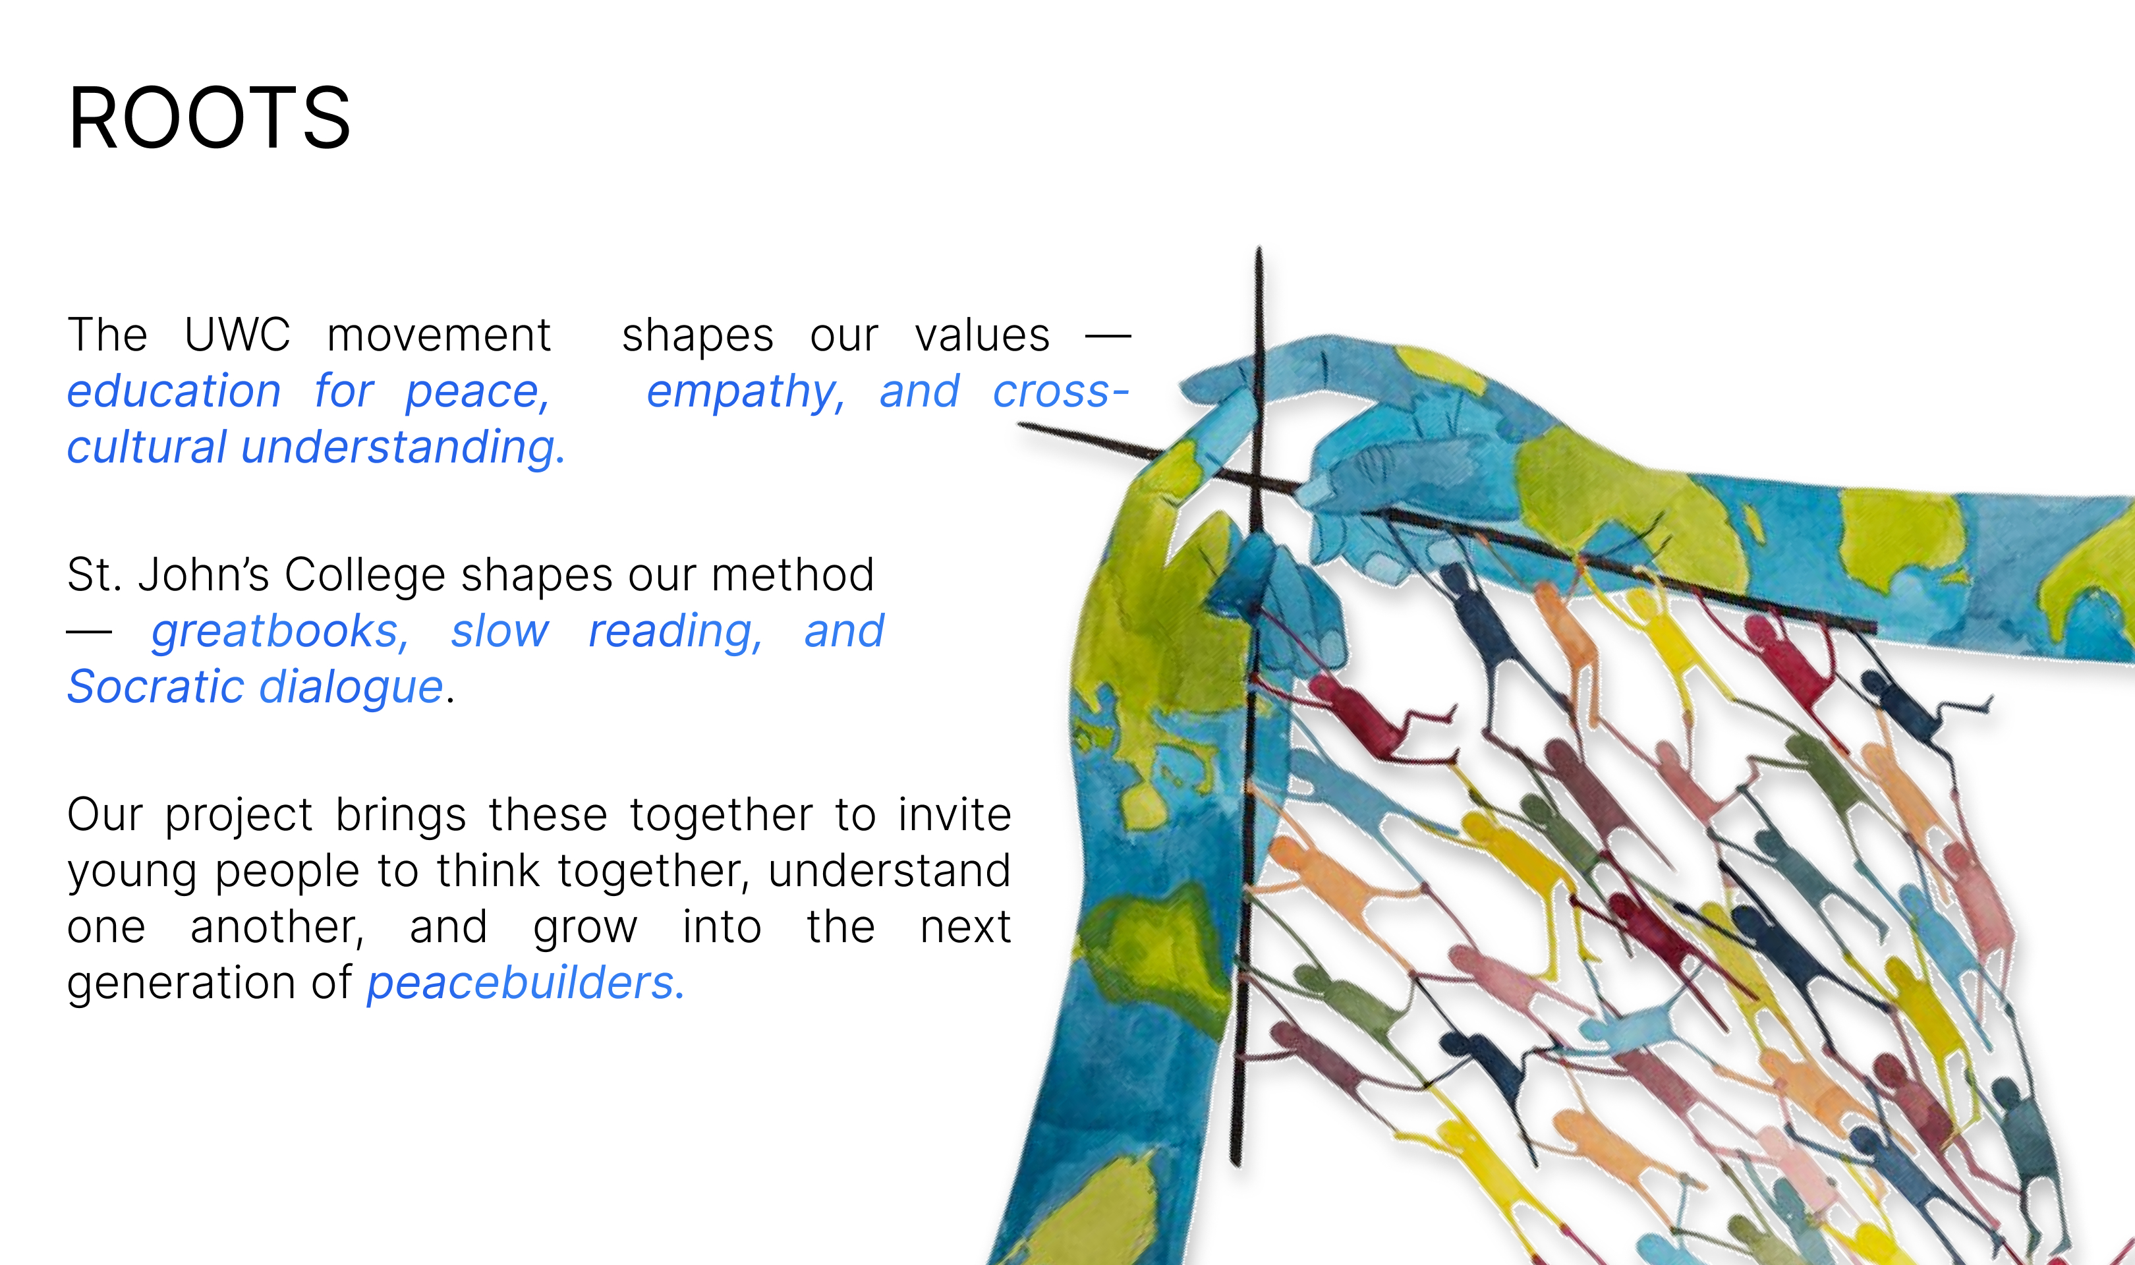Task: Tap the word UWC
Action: (237, 334)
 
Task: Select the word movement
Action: (439, 335)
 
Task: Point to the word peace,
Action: (477, 393)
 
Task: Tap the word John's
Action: (204, 575)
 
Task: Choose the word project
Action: (239, 816)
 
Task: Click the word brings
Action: (401, 816)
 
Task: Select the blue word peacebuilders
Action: (525, 983)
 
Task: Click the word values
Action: (982, 335)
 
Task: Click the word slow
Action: (499, 632)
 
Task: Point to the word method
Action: (793, 575)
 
